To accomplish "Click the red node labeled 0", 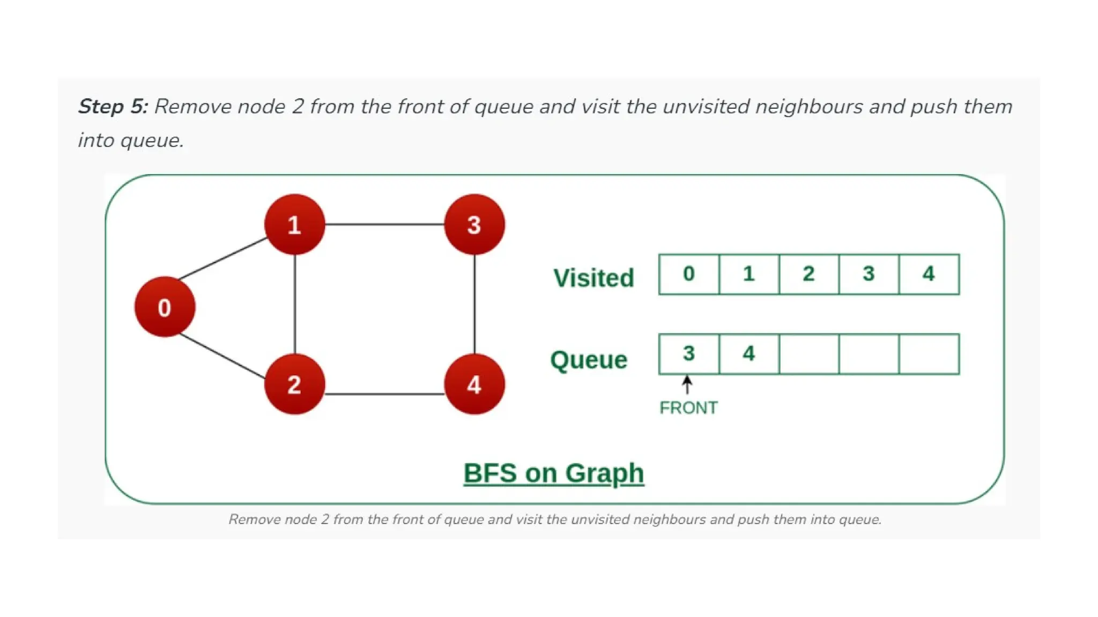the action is tap(165, 307).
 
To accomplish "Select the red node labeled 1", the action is tap(294, 224).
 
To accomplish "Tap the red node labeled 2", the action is tap(294, 384).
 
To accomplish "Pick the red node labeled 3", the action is tap(474, 224).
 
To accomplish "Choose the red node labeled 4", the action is tap(474, 384).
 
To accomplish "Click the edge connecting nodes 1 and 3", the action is tap(384, 224).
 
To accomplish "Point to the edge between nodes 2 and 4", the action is tap(384, 394).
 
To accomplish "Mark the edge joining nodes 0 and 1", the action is tap(222, 259).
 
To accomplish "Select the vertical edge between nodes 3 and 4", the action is tap(474, 304).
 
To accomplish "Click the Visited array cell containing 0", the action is tap(689, 274).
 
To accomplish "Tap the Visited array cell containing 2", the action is tap(808, 274).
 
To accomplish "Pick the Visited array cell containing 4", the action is tap(929, 274).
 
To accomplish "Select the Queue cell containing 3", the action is tap(689, 354).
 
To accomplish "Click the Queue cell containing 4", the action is tap(749, 354).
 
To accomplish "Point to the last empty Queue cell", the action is tap(929, 354).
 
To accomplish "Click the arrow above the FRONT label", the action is tap(687, 385).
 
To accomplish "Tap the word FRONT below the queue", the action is tap(688, 408).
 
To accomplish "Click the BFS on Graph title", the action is tap(553, 473).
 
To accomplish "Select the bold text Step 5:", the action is tap(113, 106).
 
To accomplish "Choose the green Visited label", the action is tap(593, 278).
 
